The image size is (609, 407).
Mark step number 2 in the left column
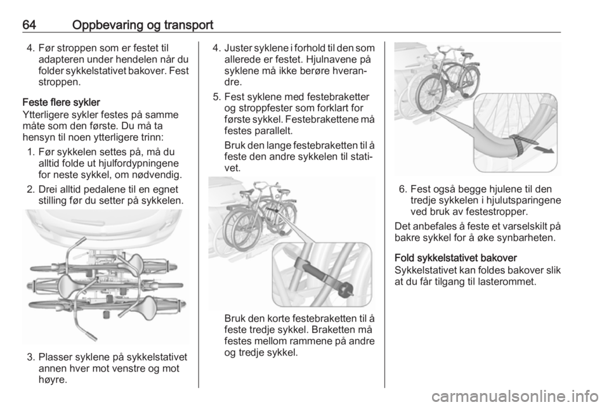pyautogui.click(x=32, y=189)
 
